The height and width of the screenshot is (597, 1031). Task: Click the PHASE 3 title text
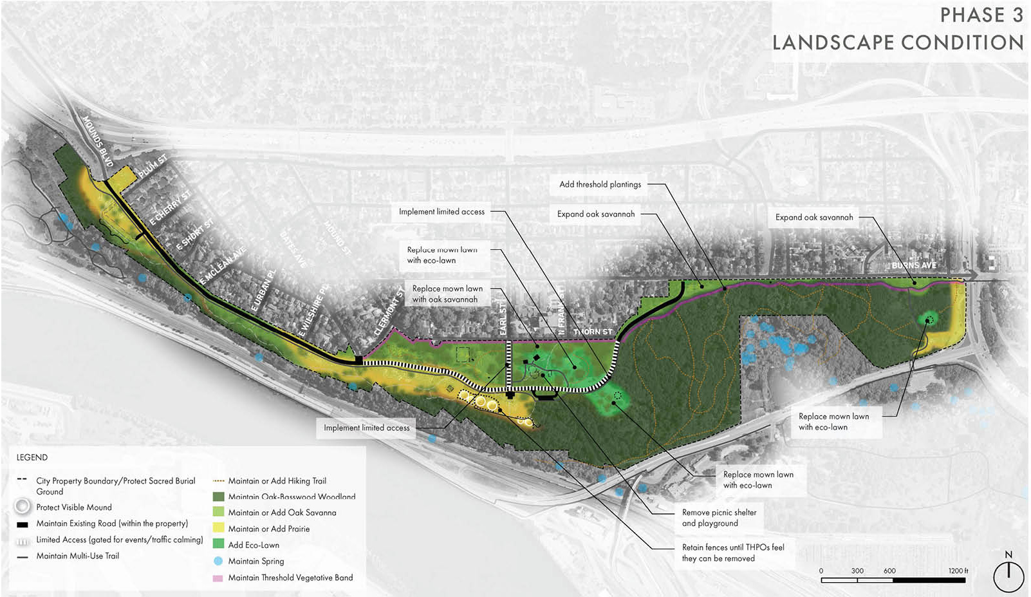(981, 15)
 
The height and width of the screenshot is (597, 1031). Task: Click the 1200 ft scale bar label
(958, 571)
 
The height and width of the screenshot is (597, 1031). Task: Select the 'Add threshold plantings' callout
(600, 184)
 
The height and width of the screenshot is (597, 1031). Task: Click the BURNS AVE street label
(914, 265)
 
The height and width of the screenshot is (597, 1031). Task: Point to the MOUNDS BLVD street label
(97, 141)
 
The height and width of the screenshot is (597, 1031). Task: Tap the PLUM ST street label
(153, 166)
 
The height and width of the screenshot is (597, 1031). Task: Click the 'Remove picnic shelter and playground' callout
(719, 518)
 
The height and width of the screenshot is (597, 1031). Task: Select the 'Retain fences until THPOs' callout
(733, 553)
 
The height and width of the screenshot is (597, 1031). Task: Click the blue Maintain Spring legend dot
(218, 561)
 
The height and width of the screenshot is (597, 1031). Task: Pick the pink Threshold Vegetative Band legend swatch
(218, 578)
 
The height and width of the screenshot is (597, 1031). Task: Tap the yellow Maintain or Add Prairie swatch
(218, 529)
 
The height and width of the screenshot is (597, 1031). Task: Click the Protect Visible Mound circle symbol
(23, 507)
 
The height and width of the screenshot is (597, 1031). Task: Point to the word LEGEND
(32, 457)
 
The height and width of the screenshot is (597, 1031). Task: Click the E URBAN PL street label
(263, 290)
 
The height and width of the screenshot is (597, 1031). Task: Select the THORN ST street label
(593, 332)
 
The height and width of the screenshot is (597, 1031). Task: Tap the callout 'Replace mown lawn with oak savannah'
(447, 294)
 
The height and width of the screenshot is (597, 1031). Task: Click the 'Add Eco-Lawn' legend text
(254, 545)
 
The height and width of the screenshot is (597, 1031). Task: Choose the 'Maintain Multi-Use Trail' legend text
(77, 556)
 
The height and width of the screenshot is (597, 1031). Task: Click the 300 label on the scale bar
(857, 571)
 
